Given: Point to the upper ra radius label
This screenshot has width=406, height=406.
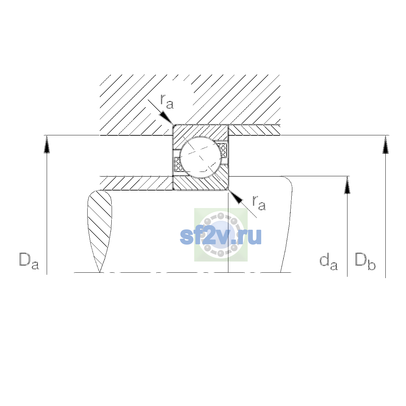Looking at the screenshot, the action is [x=167, y=102].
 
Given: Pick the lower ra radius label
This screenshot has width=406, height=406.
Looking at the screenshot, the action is [x=259, y=203].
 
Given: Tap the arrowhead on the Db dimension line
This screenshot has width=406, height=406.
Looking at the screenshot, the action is [x=386, y=144].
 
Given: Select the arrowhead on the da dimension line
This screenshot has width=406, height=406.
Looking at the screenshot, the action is [x=347, y=185].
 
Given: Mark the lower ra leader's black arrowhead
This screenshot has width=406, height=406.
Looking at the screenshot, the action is [x=235, y=197].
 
